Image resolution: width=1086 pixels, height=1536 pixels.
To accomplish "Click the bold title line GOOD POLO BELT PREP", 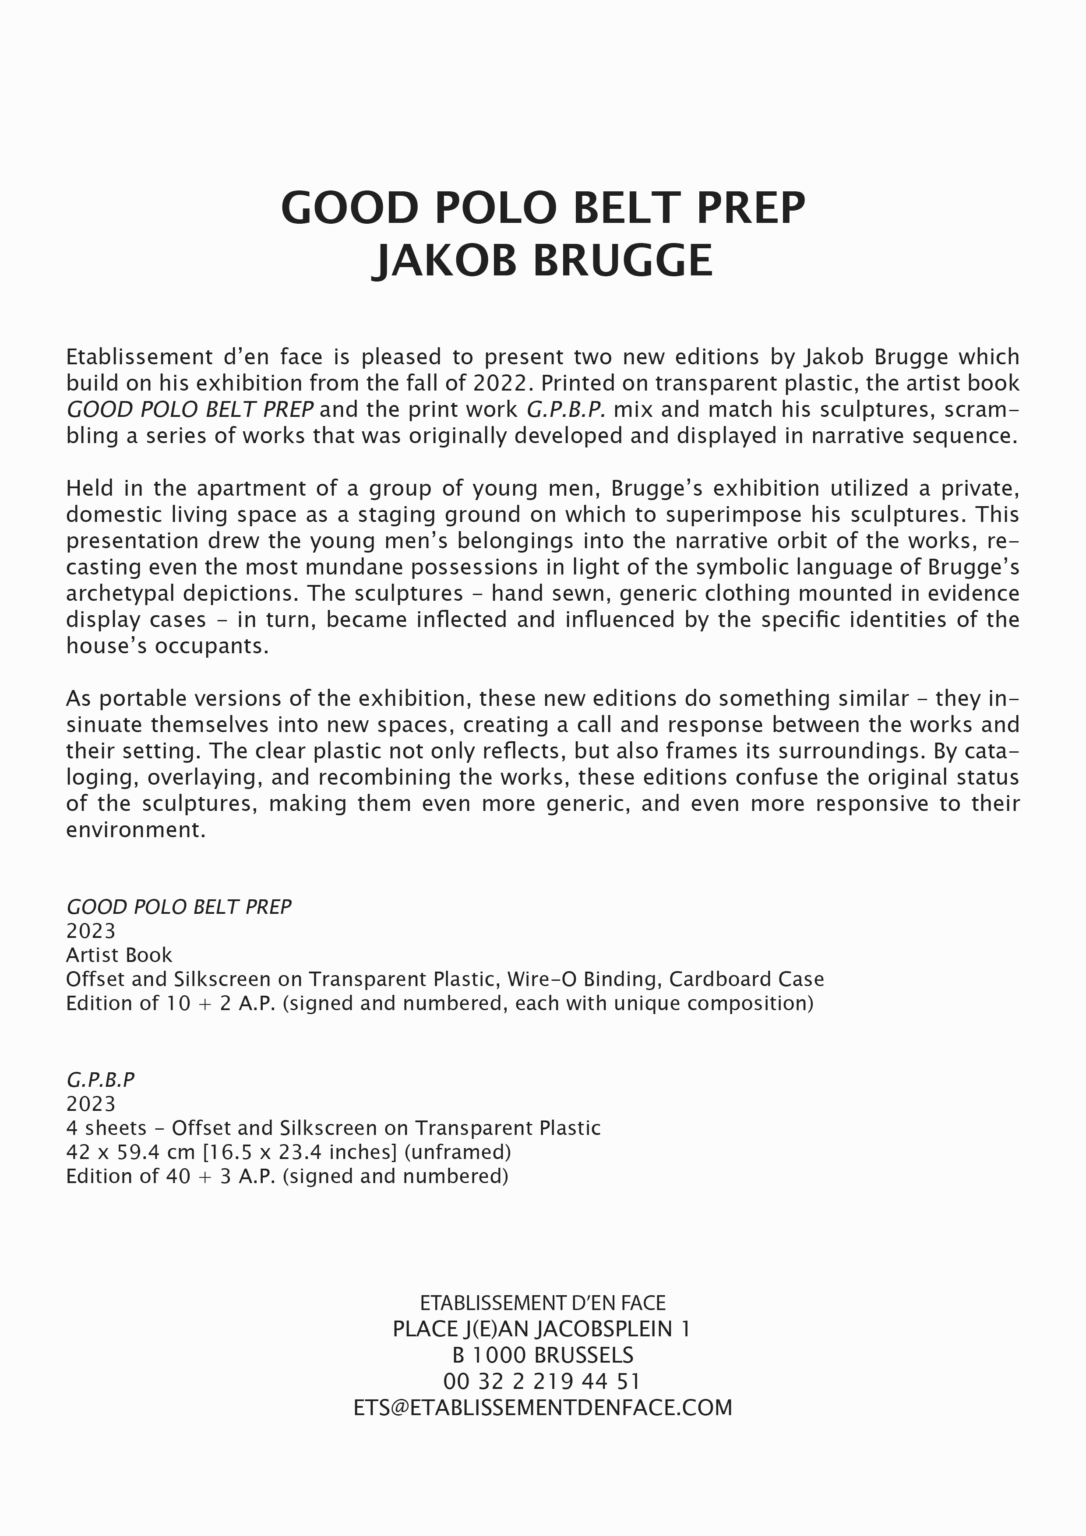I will coord(543,208).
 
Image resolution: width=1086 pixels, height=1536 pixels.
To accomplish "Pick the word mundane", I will coord(352,567).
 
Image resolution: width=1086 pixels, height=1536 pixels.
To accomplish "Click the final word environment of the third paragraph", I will coord(134,830).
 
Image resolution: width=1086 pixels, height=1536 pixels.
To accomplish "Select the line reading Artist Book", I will coord(119,955).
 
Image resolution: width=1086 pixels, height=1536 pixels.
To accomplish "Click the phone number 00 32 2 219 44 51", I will coord(542,1381).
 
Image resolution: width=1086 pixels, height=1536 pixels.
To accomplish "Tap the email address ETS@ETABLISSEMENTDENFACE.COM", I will coord(543,1408).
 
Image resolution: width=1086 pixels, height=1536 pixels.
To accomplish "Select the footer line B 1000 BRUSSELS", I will coord(543,1355).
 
